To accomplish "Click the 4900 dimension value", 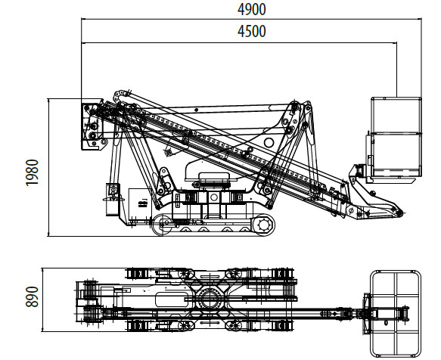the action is tap(251, 9).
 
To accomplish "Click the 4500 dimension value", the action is tap(251, 31).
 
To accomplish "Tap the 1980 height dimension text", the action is tap(32, 172).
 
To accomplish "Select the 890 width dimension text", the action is tap(32, 296).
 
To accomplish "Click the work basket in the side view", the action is tap(396, 137).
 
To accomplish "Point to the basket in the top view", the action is tap(395, 314).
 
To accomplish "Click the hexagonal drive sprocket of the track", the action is tap(264, 225).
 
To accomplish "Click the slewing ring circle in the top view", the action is tap(210, 299).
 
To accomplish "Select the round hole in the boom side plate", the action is tap(269, 143).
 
